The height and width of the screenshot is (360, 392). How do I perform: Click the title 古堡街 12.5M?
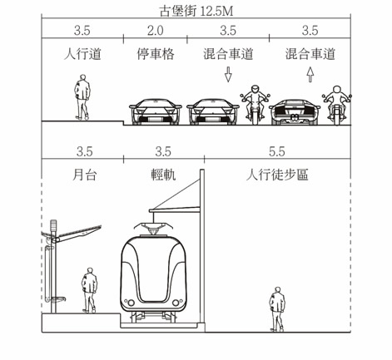click(196, 12)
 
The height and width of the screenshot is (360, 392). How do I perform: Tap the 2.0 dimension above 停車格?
click(156, 31)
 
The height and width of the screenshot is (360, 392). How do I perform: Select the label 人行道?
click(82, 54)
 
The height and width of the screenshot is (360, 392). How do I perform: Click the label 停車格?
click(156, 54)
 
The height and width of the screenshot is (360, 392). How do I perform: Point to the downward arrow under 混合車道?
click(228, 74)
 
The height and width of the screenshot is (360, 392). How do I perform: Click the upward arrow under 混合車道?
click(310, 74)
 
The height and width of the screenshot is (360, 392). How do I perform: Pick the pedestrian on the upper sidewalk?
click(82, 97)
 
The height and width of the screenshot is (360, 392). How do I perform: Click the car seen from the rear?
click(295, 112)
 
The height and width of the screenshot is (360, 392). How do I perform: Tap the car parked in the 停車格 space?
click(156, 112)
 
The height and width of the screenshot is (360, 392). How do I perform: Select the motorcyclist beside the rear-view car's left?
click(255, 105)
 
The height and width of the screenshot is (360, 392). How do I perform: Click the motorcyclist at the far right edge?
click(337, 106)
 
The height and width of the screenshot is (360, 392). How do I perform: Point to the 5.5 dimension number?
click(277, 151)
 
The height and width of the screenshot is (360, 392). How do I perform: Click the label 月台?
click(85, 175)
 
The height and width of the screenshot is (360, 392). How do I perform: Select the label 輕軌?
click(163, 175)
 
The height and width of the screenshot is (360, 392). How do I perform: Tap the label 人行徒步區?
click(277, 175)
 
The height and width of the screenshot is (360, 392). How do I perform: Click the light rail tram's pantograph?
click(154, 228)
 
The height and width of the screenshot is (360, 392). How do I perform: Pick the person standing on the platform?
click(89, 290)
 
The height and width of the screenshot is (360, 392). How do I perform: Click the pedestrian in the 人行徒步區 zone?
click(277, 309)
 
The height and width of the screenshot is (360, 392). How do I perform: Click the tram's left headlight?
click(131, 303)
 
